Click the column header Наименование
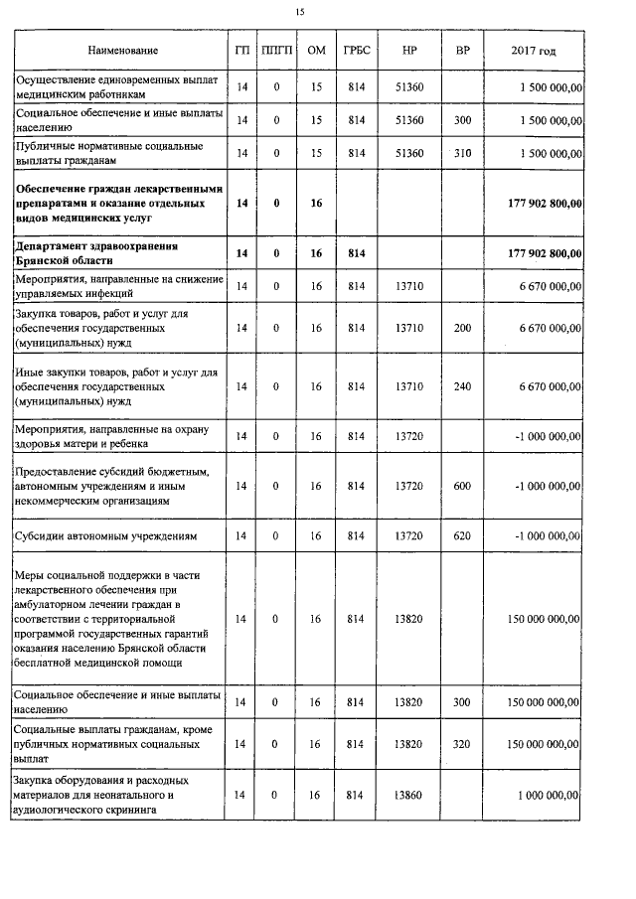122,51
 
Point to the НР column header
409,51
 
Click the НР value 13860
409,796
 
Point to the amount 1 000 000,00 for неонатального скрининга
549,796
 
